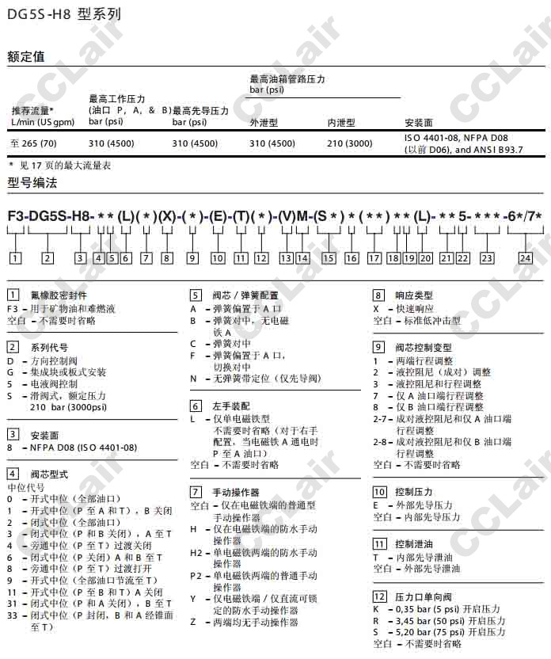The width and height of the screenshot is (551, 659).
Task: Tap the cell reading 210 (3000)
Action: [x=350, y=143]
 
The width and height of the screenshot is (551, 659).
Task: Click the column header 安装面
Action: [x=418, y=123]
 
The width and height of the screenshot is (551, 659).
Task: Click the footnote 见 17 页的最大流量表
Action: [x=63, y=165]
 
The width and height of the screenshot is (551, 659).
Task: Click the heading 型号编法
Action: [x=32, y=183]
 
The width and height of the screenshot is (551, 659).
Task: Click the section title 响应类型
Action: [x=414, y=295]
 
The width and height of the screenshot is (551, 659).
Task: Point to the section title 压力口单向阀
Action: [x=424, y=596]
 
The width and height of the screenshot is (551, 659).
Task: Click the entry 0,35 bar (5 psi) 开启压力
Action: [x=447, y=609]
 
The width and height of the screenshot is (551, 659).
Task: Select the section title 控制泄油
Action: [x=414, y=544]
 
